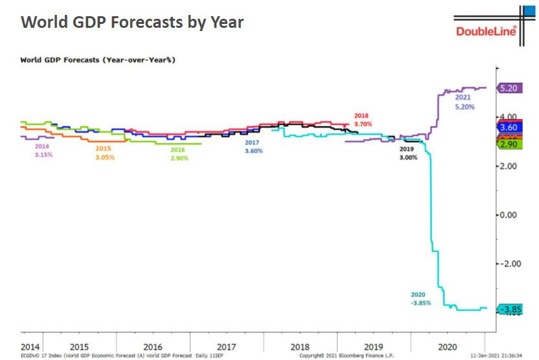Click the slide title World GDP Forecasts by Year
click(132, 22)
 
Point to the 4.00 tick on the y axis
click(509, 117)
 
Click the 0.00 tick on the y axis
click(509, 215)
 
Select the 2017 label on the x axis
click(226, 346)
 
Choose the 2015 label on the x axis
click(79, 346)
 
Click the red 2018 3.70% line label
click(363, 119)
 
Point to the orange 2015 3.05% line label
click(104, 153)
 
